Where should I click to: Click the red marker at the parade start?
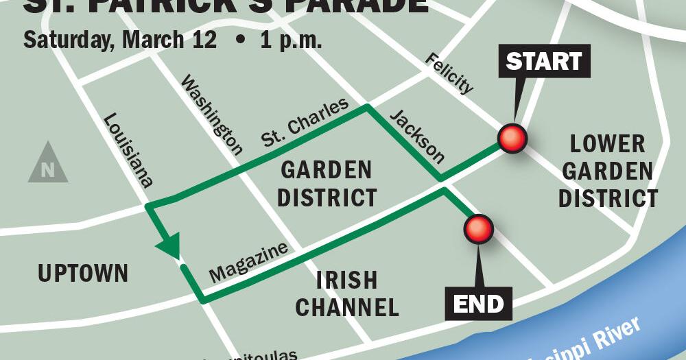pos(512,139)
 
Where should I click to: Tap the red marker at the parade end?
pos(478,229)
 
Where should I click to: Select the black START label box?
pos(543,62)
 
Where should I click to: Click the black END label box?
pos(479,302)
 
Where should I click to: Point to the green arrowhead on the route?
pos(169,246)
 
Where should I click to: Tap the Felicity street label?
pos(449,73)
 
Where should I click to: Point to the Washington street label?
pos(211,115)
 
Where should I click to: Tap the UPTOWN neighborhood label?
pos(83,274)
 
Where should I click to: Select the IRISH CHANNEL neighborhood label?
pos(347,293)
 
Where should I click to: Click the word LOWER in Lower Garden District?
pos(608,144)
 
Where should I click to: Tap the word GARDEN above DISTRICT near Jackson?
pos(327,169)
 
